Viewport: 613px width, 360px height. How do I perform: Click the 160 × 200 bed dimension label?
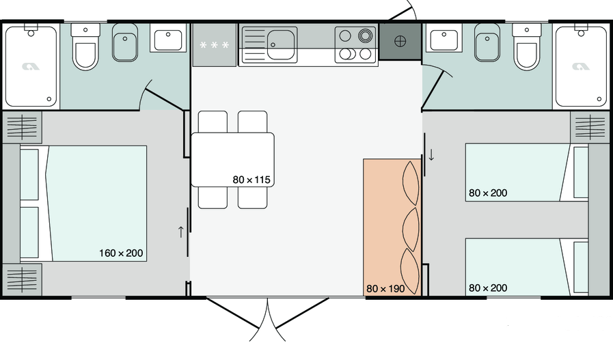click(x=121, y=253)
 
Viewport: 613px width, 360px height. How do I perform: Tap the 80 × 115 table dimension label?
click(x=251, y=180)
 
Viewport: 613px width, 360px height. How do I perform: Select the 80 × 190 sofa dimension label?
click(x=385, y=289)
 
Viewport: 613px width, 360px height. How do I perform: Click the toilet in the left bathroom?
click(x=85, y=47)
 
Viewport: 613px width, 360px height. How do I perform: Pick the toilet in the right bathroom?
click(x=527, y=47)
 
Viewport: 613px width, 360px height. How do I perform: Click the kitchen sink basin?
click(x=281, y=44)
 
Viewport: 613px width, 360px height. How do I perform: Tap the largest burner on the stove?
click(x=365, y=36)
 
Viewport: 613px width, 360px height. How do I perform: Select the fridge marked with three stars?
click(x=214, y=45)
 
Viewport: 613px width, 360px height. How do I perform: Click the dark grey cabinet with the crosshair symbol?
click(x=400, y=42)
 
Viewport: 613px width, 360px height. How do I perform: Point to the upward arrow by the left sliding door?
click(x=180, y=232)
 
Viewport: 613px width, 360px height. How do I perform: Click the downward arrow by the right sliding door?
click(x=431, y=154)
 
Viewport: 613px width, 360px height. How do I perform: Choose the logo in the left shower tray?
click(x=31, y=67)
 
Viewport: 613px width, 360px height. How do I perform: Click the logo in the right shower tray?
click(x=581, y=67)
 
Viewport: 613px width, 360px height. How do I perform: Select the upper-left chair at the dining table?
click(x=213, y=122)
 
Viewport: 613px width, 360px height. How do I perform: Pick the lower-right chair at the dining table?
click(x=253, y=197)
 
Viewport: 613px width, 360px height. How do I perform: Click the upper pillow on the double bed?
click(x=29, y=174)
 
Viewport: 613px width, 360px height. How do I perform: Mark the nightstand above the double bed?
click(x=23, y=127)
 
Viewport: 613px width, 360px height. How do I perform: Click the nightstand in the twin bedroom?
click(x=590, y=127)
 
